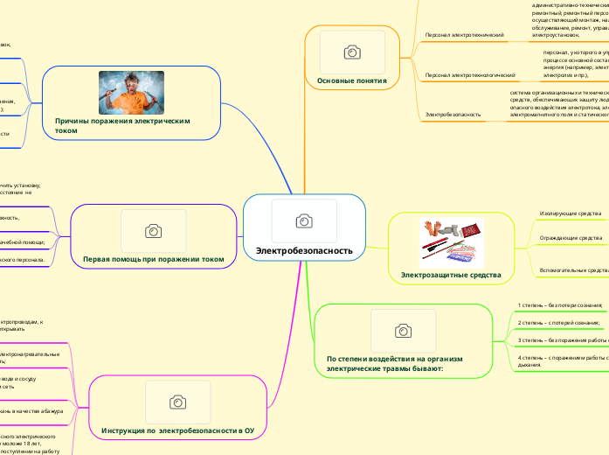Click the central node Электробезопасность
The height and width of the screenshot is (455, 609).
tap(304, 251)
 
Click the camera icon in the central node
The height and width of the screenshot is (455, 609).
tap(304, 221)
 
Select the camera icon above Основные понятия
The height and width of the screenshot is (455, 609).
tap(351, 52)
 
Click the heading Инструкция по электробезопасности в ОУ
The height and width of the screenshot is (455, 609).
tap(178, 431)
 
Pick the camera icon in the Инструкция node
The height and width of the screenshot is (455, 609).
tap(178, 402)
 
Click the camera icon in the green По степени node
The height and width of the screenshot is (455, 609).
tap(403, 330)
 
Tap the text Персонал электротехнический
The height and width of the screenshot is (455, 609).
tap(464, 35)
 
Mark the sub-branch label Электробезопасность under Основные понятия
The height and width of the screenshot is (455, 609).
tap(453, 115)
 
